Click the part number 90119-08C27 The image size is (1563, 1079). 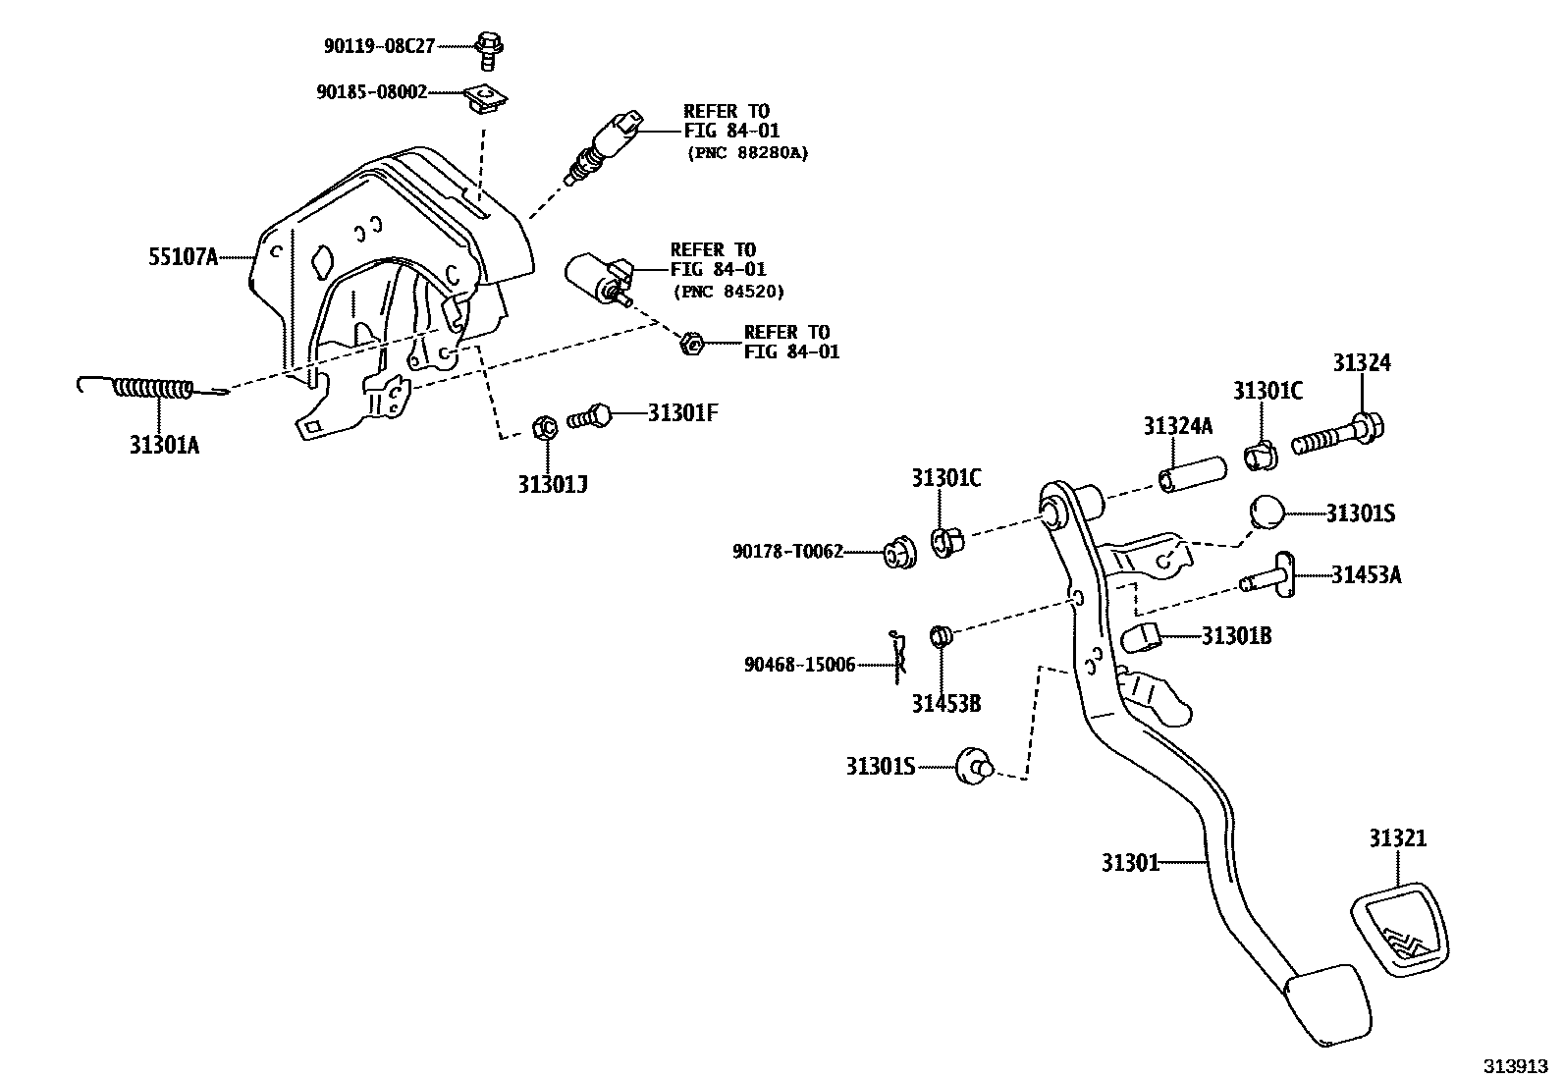click(379, 45)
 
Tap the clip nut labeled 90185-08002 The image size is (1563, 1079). click(486, 97)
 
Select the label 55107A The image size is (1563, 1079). click(183, 257)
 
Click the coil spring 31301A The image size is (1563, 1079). click(152, 390)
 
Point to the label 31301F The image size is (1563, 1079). click(682, 413)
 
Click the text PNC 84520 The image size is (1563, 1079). click(729, 292)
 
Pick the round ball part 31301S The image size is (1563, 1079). click(1267, 513)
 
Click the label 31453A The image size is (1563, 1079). click(1366, 575)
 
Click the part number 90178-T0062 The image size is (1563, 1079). click(787, 553)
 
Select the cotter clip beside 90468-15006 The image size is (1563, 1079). click(897, 658)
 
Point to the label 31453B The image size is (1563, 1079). click(945, 703)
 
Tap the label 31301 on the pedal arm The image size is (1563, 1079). click(1129, 863)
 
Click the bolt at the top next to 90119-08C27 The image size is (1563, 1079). click(489, 48)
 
